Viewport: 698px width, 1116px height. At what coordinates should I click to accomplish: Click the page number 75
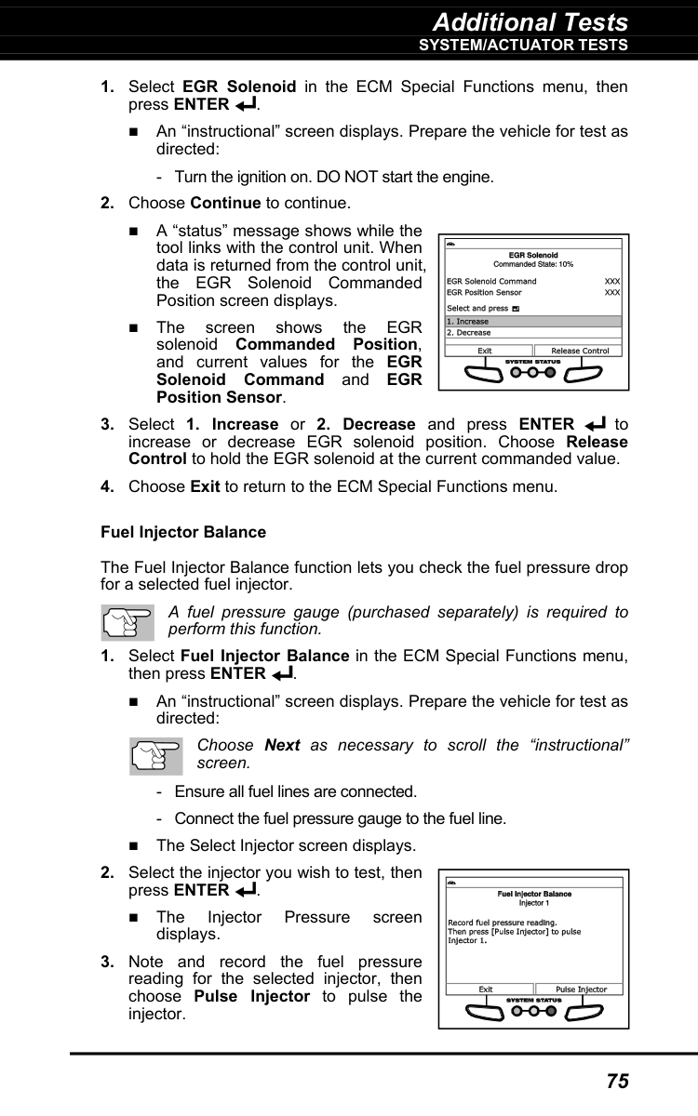click(617, 1081)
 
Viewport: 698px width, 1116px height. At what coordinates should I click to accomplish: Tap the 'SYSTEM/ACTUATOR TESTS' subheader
click(523, 45)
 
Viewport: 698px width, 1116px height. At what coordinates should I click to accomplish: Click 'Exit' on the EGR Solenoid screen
click(485, 351)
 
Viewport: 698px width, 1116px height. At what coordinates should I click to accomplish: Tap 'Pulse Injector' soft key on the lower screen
click(581, 990)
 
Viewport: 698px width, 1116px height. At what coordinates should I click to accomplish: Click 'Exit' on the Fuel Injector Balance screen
click(486, 990)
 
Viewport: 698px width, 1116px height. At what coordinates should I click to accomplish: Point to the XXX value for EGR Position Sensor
click(611, 292)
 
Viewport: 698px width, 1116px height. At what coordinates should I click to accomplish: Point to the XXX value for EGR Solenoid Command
click(611, 281)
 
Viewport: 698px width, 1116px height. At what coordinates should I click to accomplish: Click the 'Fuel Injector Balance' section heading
click(182, 532)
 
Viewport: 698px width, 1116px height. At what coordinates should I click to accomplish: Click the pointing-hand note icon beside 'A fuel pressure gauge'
click(127, 621)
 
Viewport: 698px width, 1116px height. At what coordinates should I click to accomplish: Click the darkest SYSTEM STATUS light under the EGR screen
click(550, 373)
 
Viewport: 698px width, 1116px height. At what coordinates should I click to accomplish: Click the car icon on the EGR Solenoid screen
click(451, 245)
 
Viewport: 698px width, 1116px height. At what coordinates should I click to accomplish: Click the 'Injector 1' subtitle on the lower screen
click(533, 903)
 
